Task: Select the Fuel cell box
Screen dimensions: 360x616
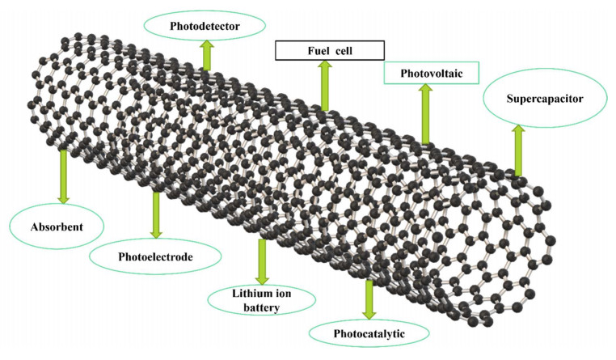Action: point(327,51)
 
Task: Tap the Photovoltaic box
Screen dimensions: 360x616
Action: point(431,73)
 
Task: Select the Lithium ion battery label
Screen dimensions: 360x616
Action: point(260,299)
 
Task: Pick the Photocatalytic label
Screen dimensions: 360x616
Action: point(369,332)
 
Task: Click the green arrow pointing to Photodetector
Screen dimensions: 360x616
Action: point(207,54)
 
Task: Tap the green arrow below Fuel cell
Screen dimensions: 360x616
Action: point(325,85)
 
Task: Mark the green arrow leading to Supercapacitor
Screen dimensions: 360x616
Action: point(518,150)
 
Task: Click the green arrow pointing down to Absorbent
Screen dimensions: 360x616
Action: point(63,176)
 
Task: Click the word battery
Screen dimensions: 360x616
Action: point(260,307)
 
